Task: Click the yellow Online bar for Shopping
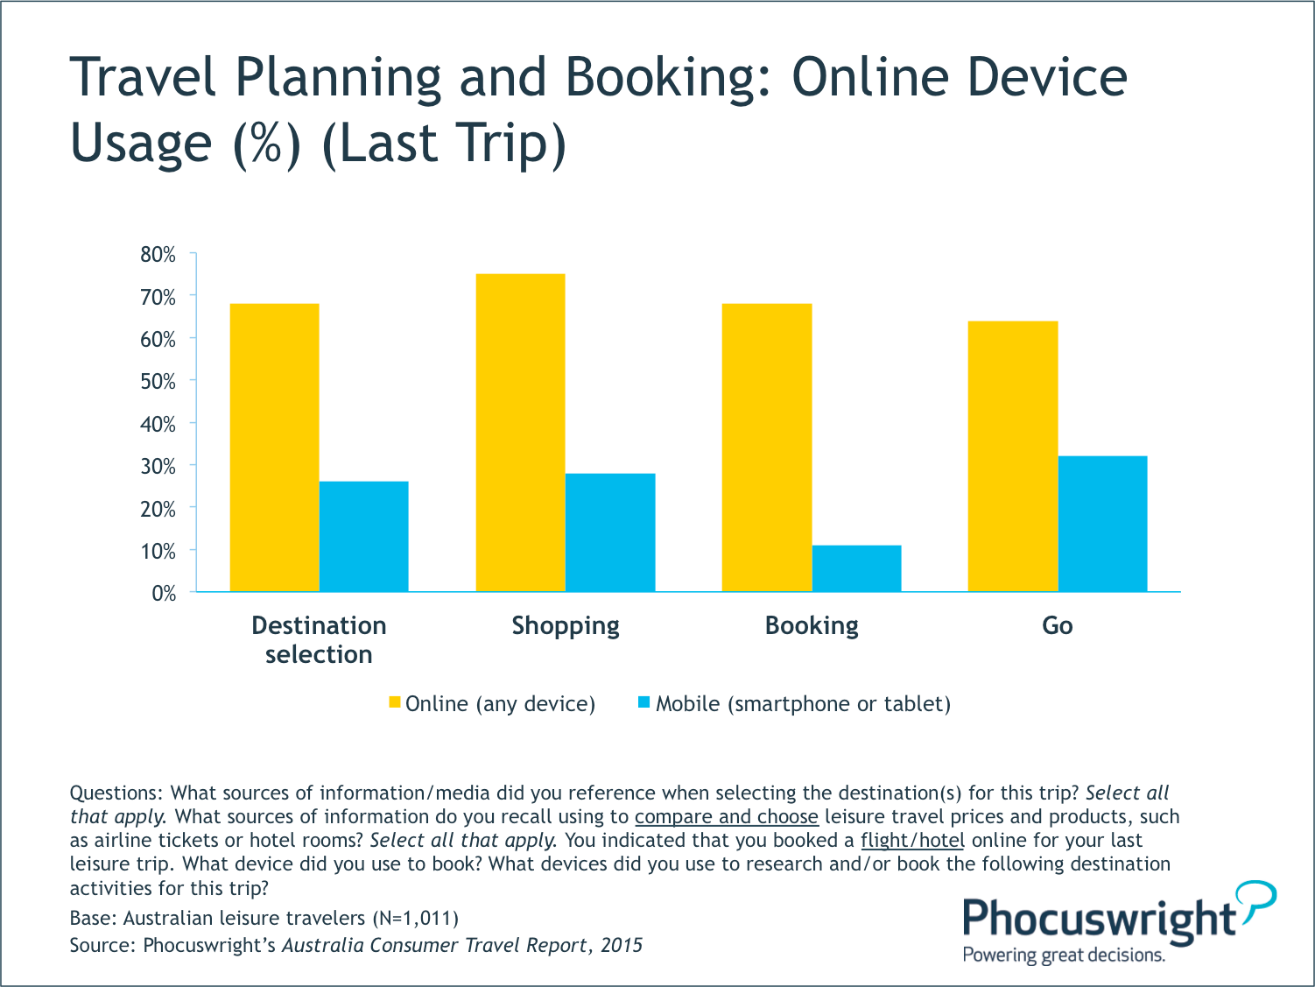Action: click(521, 433)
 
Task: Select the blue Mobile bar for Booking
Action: click(856, 568)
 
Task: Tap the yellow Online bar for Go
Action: click(1013, 456)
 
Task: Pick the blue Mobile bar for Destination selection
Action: click(363, 536)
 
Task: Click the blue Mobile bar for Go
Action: click(1102, 524)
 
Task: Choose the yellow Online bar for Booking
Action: click(767, 448)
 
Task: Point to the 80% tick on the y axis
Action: click(158, 255)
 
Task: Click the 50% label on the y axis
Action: click(158, 382)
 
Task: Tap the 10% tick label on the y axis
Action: click(158, 552)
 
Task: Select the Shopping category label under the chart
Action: click(566, 625)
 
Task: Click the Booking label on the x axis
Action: click(812, 625)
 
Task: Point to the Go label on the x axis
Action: click(1058, 625)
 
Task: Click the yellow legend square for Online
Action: click(395, 702)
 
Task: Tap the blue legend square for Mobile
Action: click(644, 702)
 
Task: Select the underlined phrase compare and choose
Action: click(727, 817)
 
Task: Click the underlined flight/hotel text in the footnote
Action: click(912, 841)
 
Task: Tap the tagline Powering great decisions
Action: click(1064, 955)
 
